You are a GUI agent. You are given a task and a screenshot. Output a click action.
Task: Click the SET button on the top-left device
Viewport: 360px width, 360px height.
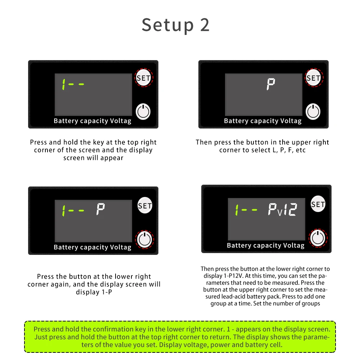144,78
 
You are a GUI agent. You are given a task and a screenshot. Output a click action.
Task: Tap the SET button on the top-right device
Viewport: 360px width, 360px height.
314,78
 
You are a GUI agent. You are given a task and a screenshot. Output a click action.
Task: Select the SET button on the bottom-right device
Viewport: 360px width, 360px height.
318,204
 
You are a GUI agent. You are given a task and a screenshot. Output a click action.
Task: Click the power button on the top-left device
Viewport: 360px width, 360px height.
143,112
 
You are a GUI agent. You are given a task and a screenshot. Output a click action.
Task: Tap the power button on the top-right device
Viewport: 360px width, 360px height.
313,112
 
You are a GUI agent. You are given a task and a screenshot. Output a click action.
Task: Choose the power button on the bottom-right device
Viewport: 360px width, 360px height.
318,238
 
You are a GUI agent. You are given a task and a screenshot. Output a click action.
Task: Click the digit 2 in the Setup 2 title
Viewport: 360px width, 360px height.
204,25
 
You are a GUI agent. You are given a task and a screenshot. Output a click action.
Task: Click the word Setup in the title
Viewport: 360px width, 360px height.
168,25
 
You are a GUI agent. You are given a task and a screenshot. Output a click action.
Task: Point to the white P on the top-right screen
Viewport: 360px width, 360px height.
271,84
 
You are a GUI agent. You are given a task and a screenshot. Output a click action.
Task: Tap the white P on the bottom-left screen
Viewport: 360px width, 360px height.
100,209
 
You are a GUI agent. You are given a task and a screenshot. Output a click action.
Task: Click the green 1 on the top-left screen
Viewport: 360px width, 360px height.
64,84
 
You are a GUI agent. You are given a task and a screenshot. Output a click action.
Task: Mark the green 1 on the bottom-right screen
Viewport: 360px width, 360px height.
237,210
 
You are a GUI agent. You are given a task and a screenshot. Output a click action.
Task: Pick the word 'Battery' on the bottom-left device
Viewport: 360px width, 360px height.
66,247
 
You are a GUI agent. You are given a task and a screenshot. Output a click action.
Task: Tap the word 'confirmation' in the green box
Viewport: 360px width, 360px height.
113,329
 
